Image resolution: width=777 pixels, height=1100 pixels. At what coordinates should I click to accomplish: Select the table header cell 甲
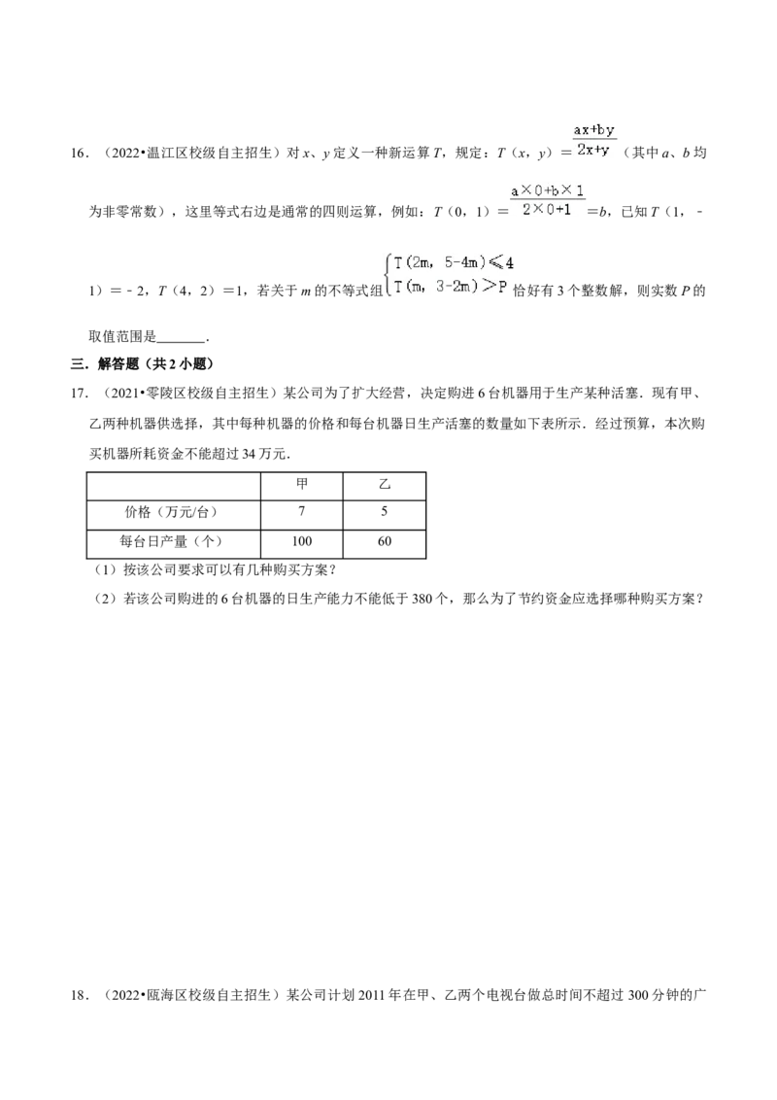301,485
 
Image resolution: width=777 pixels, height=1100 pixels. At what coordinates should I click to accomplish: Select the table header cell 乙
385,485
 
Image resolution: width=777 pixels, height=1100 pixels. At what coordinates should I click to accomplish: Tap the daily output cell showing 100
301,541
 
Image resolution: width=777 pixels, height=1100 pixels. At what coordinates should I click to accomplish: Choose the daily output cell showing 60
385,541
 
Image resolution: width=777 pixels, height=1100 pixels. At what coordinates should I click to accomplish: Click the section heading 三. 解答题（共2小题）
143,364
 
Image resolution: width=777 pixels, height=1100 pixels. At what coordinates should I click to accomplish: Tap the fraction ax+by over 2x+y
594,140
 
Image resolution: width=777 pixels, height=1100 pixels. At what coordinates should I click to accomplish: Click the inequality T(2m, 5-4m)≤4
454,263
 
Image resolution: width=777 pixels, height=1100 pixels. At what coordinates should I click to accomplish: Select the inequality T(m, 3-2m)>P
450,287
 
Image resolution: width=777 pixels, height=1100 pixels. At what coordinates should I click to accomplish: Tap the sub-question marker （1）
107,570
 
